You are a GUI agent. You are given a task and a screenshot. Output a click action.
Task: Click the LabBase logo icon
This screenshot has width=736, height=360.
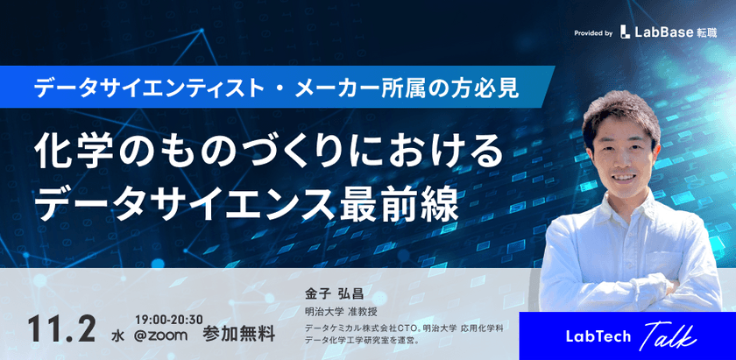[x=625, y=32]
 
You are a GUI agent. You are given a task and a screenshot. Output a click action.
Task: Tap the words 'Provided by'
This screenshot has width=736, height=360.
[x=593, y=33]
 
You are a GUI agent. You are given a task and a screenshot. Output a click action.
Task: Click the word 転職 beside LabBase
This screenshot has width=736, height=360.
[x=706, y=32]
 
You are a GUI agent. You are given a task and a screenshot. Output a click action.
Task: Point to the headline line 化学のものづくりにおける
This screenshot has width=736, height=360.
[x=269, y=152]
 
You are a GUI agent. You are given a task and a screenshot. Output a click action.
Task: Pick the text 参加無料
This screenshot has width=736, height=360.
[x=238, y=334]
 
